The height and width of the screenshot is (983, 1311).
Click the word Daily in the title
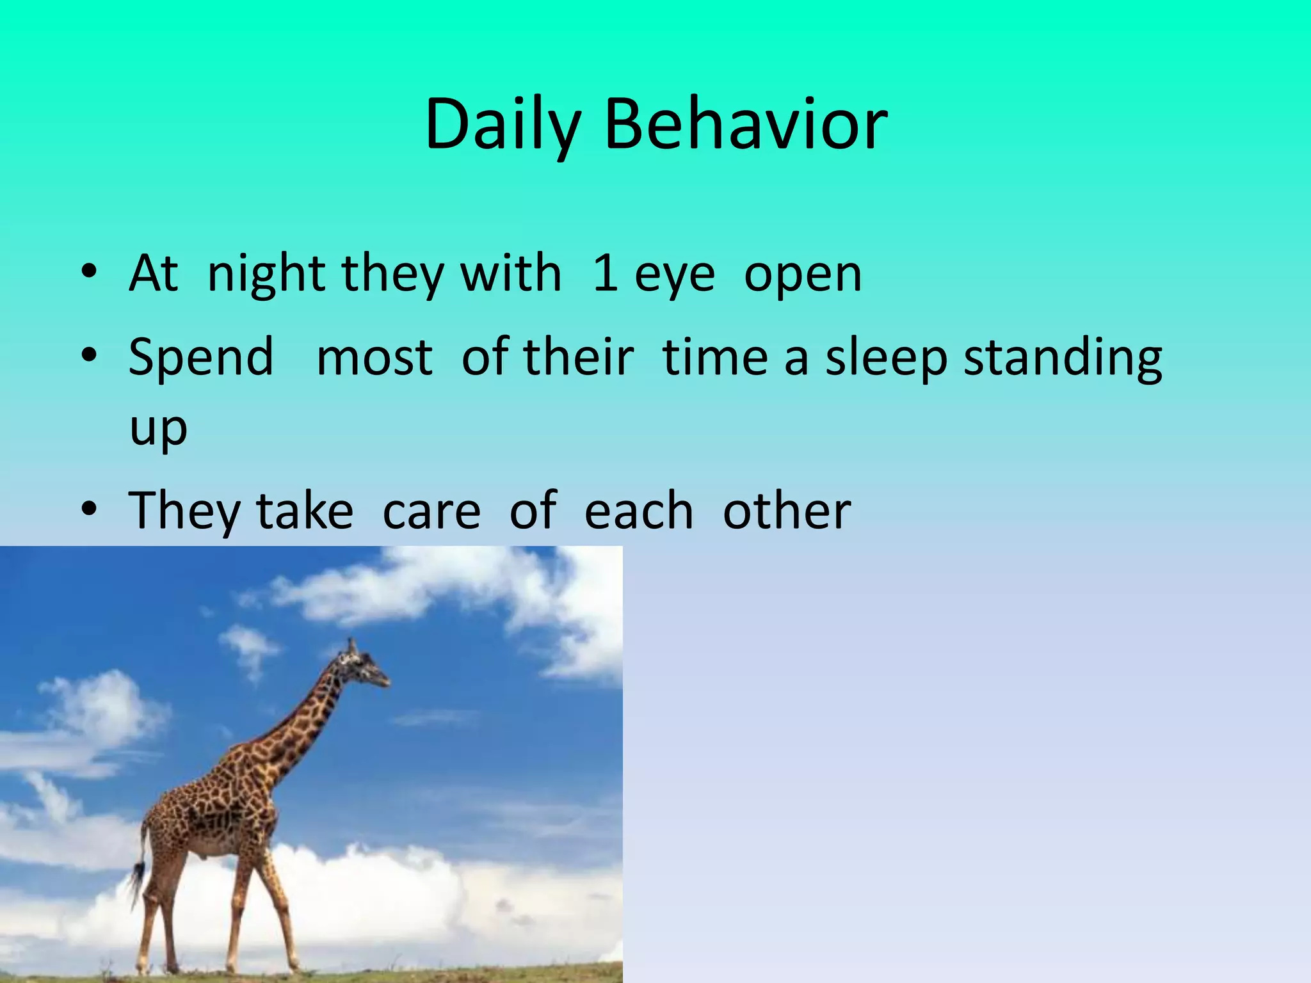click(503, 125)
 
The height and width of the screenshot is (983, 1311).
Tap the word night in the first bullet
click(269, 274)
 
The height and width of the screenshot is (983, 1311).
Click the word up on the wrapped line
click(158, 429)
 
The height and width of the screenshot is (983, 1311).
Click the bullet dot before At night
click(89, 271)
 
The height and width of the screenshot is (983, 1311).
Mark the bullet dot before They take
click(89, 509)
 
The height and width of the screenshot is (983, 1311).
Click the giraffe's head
click(362, 666)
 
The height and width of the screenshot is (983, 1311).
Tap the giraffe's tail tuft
click(136, 880)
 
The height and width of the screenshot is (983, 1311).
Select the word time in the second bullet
click(715, 357)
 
